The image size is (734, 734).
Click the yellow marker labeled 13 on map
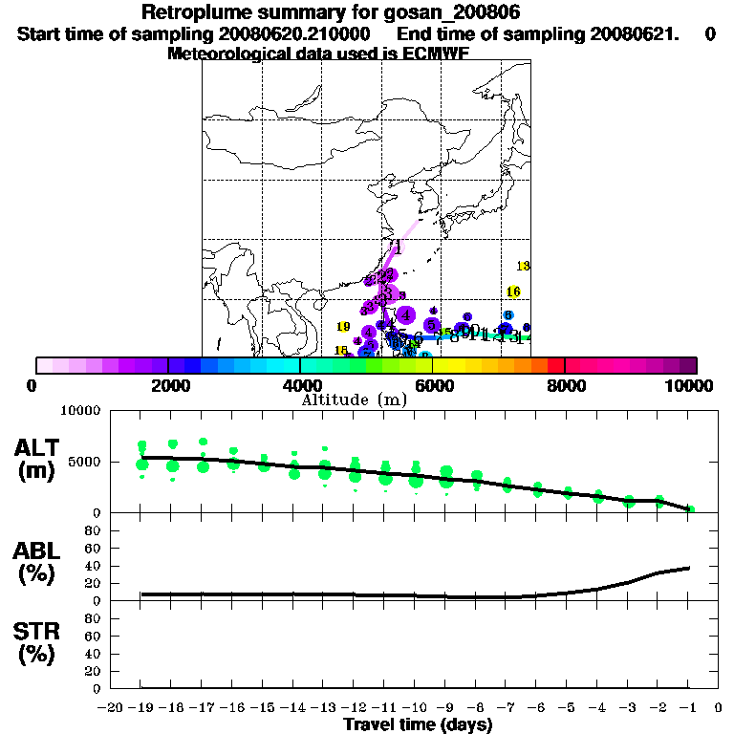tap(524, 266)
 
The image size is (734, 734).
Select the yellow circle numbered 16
tap(513, 291)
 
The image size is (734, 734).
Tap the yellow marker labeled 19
tap(344, 327)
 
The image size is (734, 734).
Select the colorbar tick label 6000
tap(433, 385)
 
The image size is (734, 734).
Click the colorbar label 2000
tap(168, 385)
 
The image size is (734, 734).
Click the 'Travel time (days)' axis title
tap(418, 724)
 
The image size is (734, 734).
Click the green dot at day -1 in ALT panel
tap(690, 509)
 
